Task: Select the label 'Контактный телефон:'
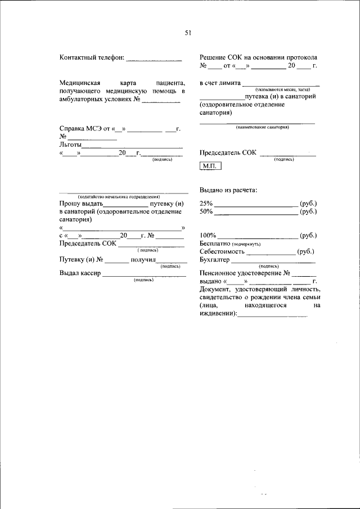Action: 91,57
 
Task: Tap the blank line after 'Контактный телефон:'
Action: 154,58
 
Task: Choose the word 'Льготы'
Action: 70,145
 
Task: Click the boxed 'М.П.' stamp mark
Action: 210,166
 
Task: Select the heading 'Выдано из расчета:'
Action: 228,190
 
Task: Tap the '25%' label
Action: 206,203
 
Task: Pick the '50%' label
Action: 206,211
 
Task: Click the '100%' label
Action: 208,235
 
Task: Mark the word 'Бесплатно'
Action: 215,244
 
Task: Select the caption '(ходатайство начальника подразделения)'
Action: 119,196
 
